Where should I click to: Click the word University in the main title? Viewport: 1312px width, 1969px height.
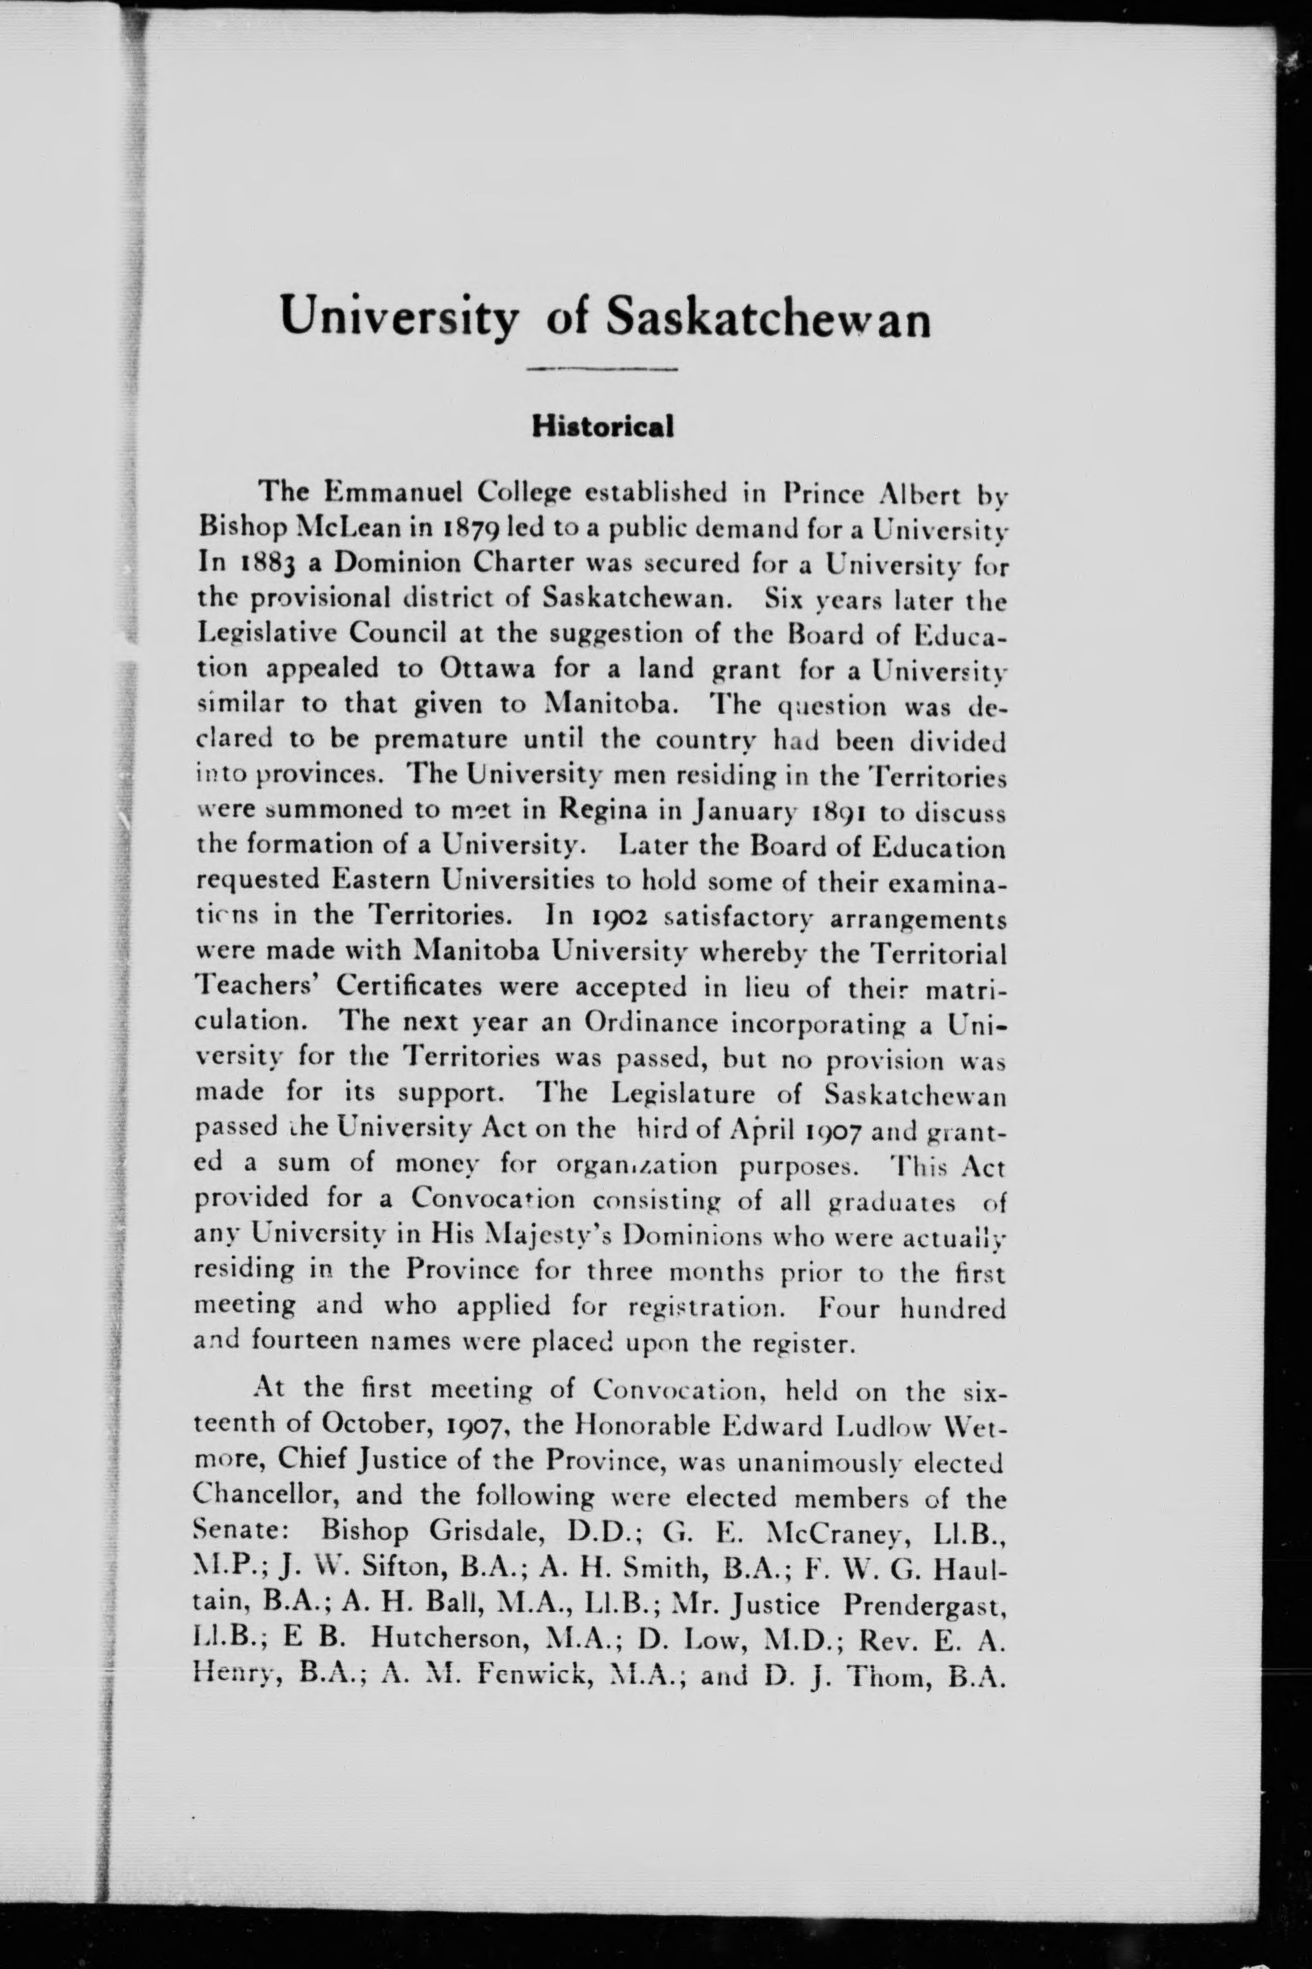pyautogui.click(x=399, y=319)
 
